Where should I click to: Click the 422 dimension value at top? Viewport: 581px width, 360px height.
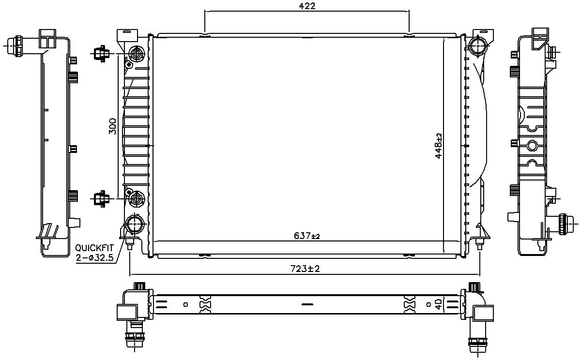click(x=307, y=6)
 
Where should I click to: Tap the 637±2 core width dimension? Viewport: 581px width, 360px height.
click(x=307, y=236)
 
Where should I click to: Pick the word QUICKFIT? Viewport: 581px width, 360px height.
click(x=94, y=248)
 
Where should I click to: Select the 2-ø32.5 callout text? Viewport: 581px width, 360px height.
click(x=94, y=258)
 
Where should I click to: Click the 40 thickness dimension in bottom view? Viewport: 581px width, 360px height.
click(x=438, y=304)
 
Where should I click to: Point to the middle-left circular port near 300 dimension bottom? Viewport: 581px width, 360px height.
click(x=137, y=198)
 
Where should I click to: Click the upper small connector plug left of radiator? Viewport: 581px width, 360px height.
click(x=101, y=53)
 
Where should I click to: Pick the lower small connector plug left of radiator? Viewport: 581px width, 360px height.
click(x=101, y=198)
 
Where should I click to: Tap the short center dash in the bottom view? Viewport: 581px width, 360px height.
click(x=307, y=305)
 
